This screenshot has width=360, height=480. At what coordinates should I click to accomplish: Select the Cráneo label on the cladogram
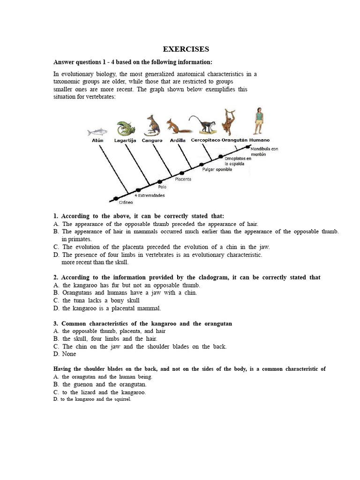(126, 202)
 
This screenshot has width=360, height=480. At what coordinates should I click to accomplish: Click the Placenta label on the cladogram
(183, 179)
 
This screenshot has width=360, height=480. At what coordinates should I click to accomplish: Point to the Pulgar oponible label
(217, 169)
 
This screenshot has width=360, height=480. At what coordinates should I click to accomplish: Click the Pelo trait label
(162, 187)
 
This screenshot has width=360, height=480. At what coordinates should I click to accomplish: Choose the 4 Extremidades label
(150, 195)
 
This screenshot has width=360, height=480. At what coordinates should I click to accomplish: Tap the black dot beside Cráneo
(116, 198)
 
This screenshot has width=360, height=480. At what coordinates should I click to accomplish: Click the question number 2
(56, 277)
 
